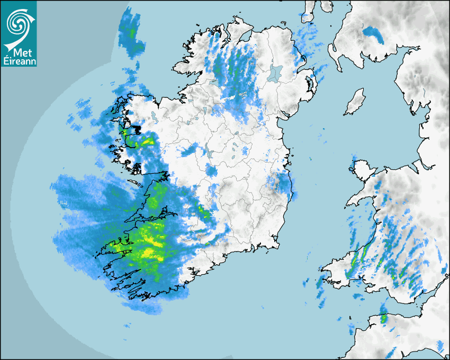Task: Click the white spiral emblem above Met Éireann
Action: (x=19, y=23)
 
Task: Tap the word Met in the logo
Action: (x=20, y=52)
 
